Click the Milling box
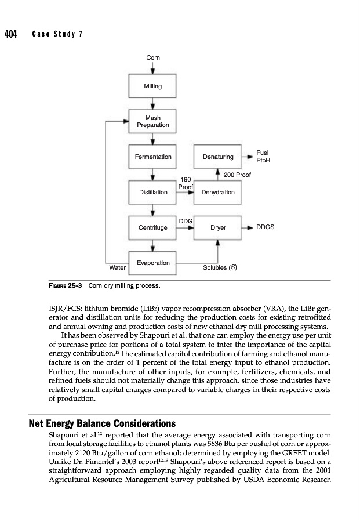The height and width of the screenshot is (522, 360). click(152, 86)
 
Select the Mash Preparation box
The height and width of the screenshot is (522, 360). click(152, 121)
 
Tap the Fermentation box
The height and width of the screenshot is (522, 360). click(152, 157)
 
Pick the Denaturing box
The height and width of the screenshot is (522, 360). click(218, 157)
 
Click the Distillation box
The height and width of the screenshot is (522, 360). click(152, 192)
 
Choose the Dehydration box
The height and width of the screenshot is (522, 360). click(218, 192)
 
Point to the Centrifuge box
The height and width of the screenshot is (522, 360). click(152, 228)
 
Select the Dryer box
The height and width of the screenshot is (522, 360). click(218, 228)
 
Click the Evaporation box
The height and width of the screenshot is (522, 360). click(152, 263)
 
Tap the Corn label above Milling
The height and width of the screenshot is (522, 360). click(152, 57)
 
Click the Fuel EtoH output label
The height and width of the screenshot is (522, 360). click(264, 156)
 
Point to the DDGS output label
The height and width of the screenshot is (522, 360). click(266, 228)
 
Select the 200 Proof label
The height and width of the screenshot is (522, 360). click(237, 175)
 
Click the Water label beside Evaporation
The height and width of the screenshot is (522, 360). click(118, 268)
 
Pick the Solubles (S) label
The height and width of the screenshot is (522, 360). click(219, 268)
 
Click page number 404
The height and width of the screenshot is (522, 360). click(10, 34)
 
